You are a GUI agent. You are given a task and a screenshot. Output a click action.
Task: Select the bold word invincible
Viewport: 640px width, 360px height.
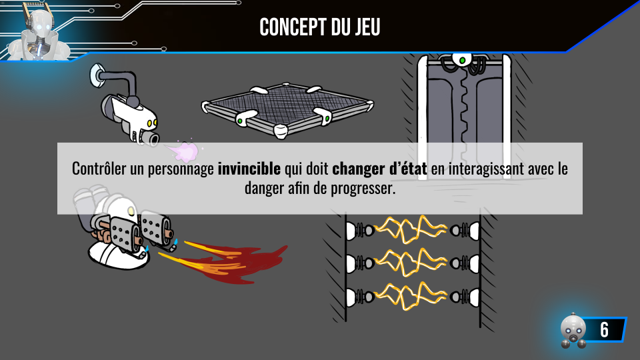tap(249, 169)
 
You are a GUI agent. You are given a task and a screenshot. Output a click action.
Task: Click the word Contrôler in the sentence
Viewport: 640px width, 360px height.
tap(99, 169)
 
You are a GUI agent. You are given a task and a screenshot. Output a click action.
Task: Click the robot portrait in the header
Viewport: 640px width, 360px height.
tap(39, 33)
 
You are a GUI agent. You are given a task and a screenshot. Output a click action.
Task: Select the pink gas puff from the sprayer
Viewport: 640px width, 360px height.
tap(184, 152)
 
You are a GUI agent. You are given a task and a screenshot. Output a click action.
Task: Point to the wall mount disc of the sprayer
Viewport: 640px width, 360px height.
tap(96, 75)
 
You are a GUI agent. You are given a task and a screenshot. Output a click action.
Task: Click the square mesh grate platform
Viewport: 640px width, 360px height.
tap(287, 109)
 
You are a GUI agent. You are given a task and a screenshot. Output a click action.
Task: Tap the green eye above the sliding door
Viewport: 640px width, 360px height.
tap(462, 61)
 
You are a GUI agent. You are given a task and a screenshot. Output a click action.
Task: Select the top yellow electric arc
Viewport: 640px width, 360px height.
tap(410, 229)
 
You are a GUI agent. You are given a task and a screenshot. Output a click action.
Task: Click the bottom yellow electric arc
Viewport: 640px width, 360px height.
tap(410, 296)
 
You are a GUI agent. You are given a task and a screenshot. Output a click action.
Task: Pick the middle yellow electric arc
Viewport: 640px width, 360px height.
tap(410, 263)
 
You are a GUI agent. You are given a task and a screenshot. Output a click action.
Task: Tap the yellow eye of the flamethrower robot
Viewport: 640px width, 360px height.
tap(131, 211)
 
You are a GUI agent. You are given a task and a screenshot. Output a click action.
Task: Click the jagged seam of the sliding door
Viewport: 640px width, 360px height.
tap(464, 106)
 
